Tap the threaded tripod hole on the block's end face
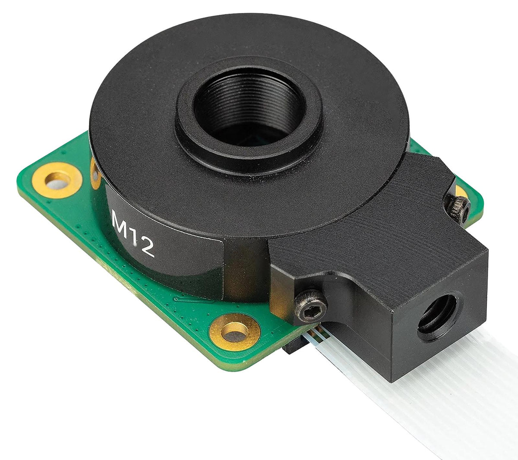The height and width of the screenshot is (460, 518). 437,312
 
